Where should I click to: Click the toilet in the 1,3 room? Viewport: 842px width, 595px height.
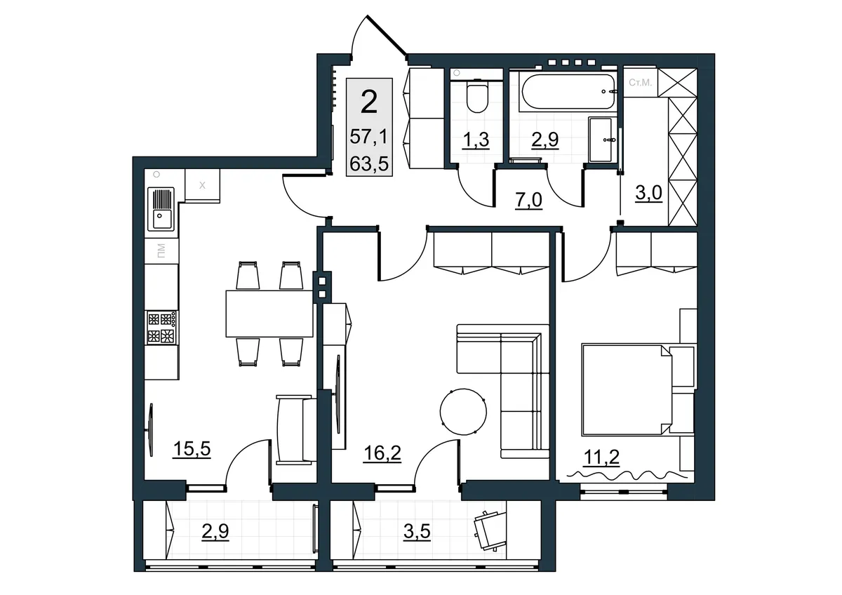[477, 98]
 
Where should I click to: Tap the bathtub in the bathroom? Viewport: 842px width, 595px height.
[568, 91]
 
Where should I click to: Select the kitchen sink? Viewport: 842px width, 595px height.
[161, 208]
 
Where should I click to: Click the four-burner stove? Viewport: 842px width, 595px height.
[161, 328]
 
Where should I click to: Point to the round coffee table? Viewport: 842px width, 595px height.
[463, 412]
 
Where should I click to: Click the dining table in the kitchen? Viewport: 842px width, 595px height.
[269, 314]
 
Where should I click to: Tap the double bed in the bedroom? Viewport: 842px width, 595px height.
[627, 390]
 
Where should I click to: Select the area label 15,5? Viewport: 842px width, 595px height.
[192, 449]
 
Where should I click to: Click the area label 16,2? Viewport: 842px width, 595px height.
[382, 453]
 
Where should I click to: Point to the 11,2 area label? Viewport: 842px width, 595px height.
[601, 457]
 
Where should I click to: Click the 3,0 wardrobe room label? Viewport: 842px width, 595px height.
[649, 193]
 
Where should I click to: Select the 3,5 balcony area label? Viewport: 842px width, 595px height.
[417, 532]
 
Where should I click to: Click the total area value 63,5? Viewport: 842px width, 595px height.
[369, 163]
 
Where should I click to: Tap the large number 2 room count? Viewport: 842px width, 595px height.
[369, 102]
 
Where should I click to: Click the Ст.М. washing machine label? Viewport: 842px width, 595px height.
[640, 82]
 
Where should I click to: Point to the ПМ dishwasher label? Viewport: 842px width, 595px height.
[161, 250]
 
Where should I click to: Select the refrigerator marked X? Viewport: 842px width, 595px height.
[202, 186]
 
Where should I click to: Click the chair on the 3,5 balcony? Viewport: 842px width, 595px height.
[490, 530]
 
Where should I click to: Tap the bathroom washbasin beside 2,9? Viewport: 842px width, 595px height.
[602, 140]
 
